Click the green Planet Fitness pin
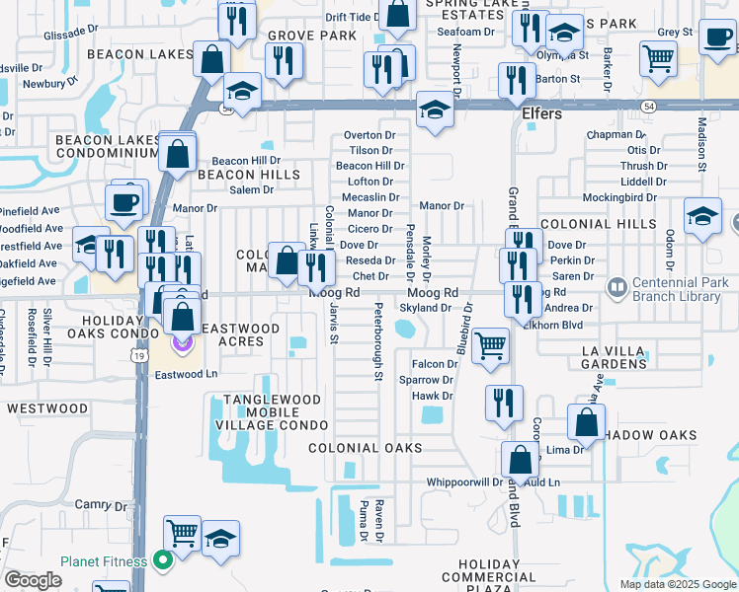(x=163, y=561)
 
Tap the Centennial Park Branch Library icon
(x=617, y=288)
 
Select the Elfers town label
(x=541, y=113)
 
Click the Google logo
(x=33, y=580)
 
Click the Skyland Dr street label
(x=426, y=309)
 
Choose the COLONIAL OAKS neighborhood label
(x=366, y=447)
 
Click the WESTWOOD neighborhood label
(x=47, y=407)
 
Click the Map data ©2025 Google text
(x=678, y=584)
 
